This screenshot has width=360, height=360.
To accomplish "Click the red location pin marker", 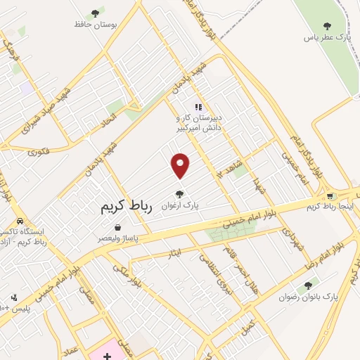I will click(x=181, y=165).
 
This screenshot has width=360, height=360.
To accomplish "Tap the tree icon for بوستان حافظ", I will click(x=95, y=13).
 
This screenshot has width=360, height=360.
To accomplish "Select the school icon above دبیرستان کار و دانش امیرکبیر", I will click(x=199, y=108).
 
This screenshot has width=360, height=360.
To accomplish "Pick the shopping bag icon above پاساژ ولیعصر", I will click(x=117, y=228).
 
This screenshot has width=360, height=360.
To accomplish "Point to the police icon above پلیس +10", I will click(x=12, y=297).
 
